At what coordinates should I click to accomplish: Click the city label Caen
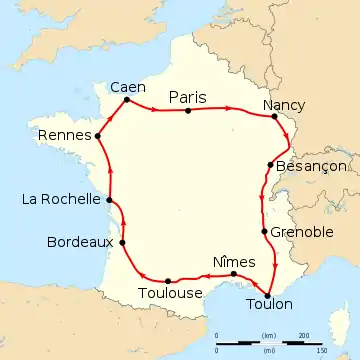coord(128,85)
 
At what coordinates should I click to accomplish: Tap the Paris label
coord(188,97)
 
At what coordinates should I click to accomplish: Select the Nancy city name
coord(283,104)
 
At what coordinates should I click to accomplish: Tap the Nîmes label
coord(236,261)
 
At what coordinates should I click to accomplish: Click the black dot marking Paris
coord(188,111)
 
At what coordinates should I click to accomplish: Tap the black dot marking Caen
coord(127,99)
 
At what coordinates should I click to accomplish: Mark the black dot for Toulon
coord(268,292)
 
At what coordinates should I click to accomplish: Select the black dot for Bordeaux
coord(122,242)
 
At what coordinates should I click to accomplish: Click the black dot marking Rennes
coord(98,135)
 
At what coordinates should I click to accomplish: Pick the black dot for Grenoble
coord(264,232)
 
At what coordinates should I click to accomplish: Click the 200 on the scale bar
coord(303,335)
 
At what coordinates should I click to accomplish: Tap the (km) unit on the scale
coord(268,335)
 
